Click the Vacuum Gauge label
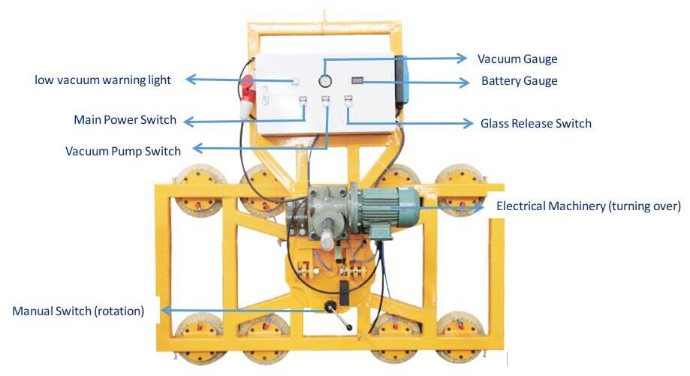pos(517,59)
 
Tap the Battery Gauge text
pos(519,81)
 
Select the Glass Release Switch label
pos(535,123)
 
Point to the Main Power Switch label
pos(125,120)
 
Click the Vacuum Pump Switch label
pos(123,151)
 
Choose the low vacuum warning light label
pos(103,80)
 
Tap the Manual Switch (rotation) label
pos(78,310)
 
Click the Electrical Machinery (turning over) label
pos(589,206)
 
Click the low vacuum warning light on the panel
pos(297,81)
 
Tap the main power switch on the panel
pos(303,101)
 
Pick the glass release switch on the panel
pos(348,101)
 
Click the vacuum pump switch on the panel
pos(326,101)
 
